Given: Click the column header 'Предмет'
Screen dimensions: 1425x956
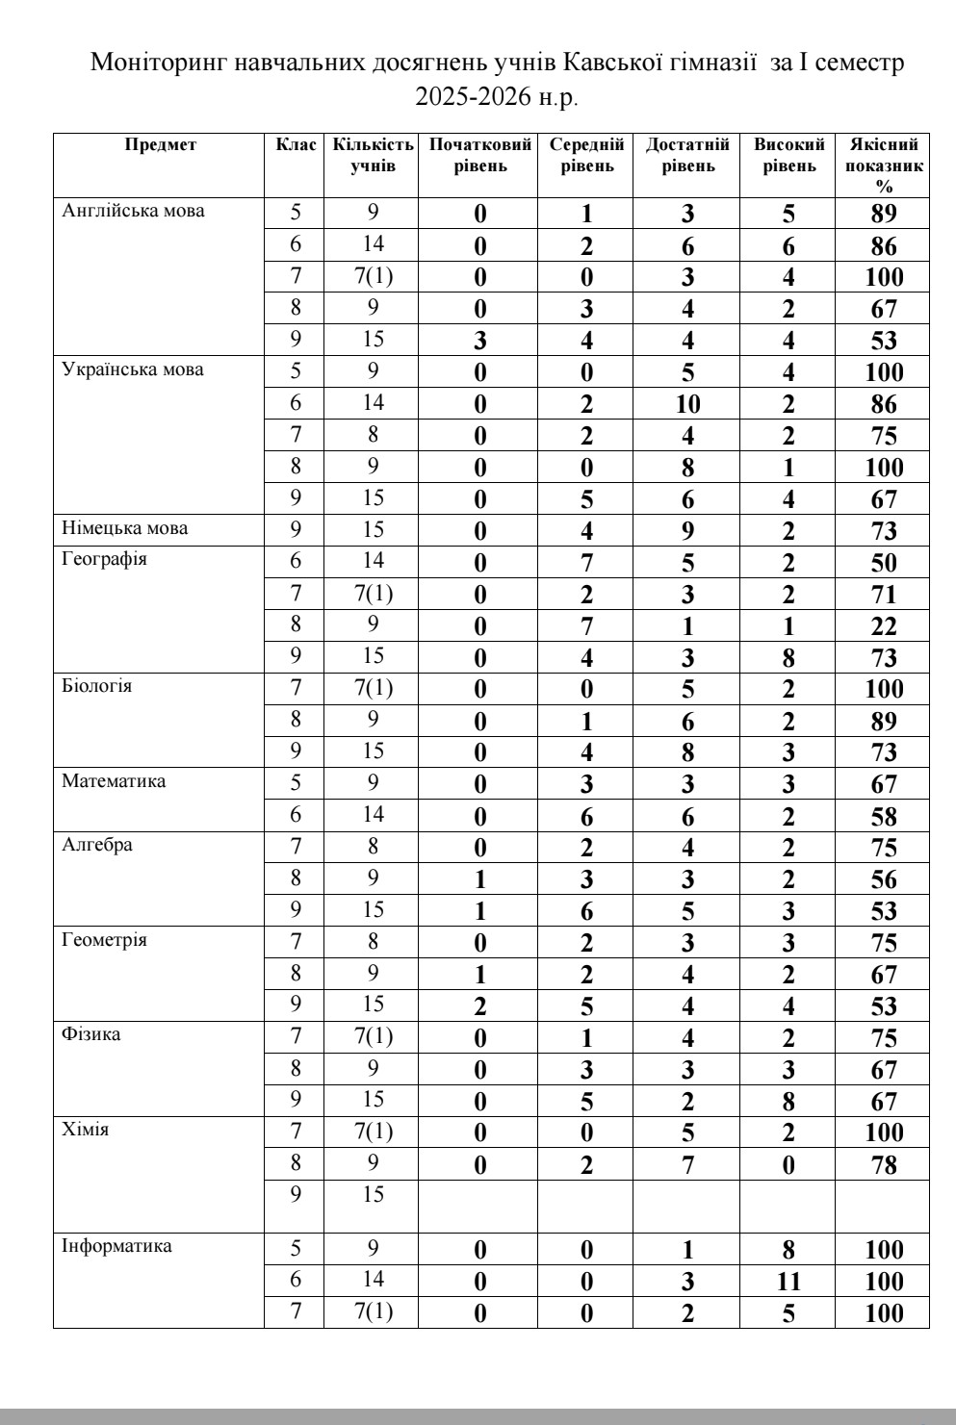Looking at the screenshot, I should pyautogui.click(x=160, y=145).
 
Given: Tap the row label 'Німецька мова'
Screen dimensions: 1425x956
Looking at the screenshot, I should pyautogui.click(x=125, y=528).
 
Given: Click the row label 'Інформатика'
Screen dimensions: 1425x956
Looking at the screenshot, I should pyautogui.click(x=117, y=1247).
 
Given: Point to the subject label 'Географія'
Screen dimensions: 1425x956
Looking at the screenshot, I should pyautogui.click(x=104, y=560).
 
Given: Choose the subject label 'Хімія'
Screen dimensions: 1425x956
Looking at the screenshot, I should pyautogui.click(x=86, y=1130).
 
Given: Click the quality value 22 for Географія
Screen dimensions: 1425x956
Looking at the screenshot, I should pyautogui.click(x=884, y=626).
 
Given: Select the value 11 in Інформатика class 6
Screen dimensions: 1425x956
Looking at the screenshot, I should pyautogui.click(x=788, y=1282).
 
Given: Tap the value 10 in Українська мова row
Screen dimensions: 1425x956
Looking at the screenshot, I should pyautogui.click(x=686, y=404).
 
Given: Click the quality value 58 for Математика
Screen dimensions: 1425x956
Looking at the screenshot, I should pyautogui.click(x=884, y=817).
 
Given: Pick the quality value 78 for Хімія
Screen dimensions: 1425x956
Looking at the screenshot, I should pyautogui.click(x=884, y=1166).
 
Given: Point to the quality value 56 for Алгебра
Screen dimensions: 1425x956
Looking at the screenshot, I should pyautogui.click(x=884, y=879).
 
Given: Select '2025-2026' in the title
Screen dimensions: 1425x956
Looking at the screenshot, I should pyautogui.click(x=467, y=96).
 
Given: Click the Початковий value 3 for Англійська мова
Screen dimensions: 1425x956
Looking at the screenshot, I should pyautogui.click(x=479, y=341).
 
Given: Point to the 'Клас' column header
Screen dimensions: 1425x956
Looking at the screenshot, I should pyautogui.click(x=296, y=145).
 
